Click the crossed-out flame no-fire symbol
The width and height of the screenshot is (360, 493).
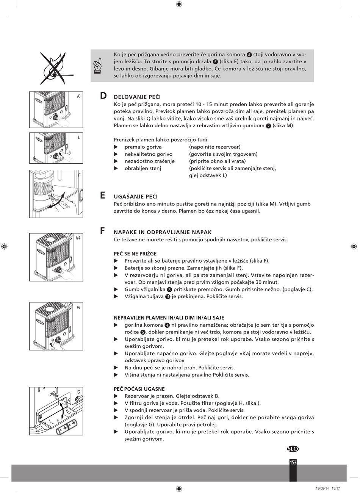(55, 68)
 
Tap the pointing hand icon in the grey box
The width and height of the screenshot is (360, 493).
(97, 66)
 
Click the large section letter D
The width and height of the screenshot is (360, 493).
(103, 96)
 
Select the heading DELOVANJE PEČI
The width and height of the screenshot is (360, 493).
(137, 97)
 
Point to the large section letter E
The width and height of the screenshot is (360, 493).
(103, 195)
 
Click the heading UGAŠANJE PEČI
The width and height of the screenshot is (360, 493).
(136, 197)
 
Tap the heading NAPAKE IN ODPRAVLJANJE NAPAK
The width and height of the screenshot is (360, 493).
(163, 232)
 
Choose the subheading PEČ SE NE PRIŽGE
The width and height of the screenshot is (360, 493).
(135, 254)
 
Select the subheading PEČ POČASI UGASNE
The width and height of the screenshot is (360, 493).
(139, 389)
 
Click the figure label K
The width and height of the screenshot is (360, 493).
(78, 96)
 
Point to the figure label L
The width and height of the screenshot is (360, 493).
(78, 137)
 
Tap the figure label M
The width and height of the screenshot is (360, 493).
(78, 238)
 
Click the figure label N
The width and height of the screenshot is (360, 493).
(78, 307)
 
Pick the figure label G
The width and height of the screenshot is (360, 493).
(78, 392)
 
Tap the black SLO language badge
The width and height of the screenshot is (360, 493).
(293, 449)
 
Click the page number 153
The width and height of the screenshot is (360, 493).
(293, 462)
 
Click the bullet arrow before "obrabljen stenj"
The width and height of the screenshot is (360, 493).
(116, 168)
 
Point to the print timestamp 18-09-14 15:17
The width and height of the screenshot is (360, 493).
(328, 488)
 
